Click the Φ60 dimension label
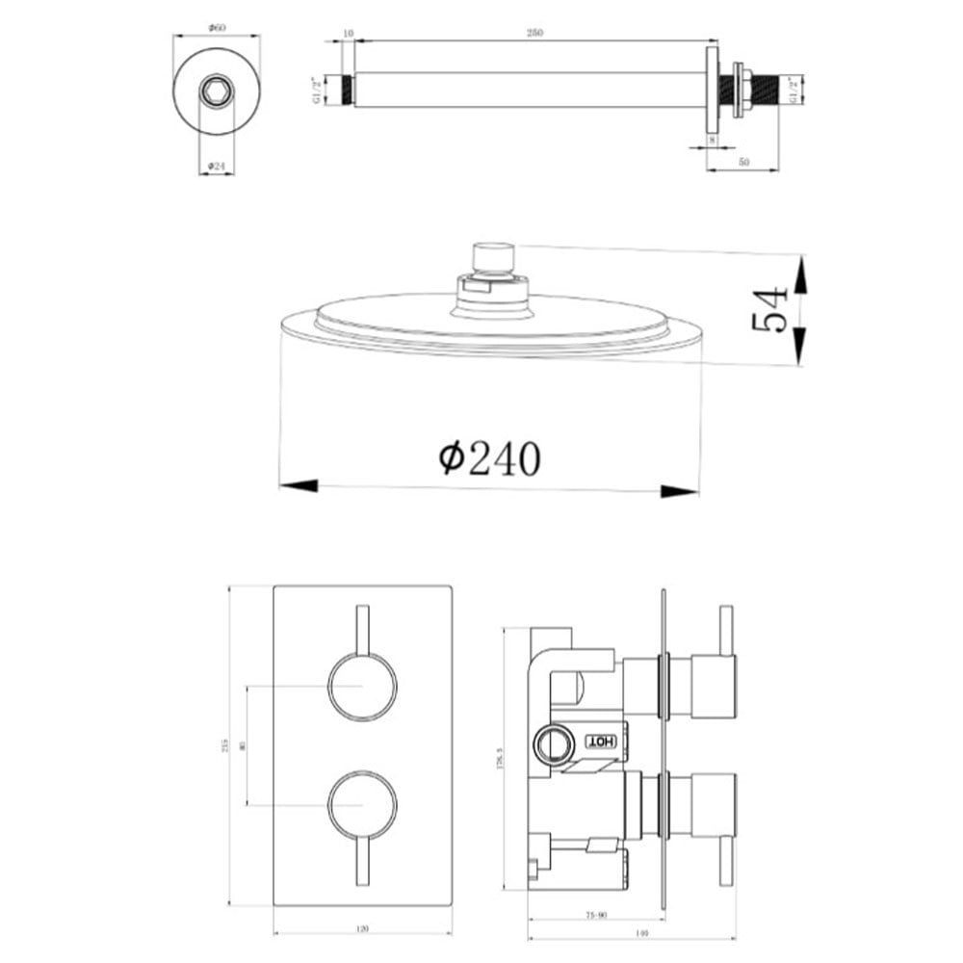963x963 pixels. coord(217,28)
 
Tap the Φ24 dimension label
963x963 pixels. coord(217,167)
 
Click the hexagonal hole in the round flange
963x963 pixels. coord(216,92)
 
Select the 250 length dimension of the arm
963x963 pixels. coord(535,33)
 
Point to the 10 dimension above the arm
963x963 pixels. coord(348,33)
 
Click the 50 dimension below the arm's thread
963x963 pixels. coord(743,163)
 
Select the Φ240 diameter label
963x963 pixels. coord(489,458)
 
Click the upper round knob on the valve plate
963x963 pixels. coord(361,687)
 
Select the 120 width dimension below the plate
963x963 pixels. coord(362,929)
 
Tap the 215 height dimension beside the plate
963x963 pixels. coord(224,746)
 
